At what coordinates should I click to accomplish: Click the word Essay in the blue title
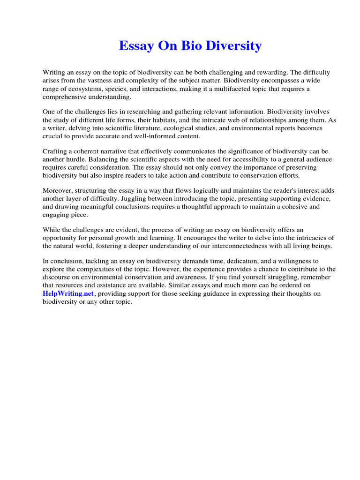pos(135,46)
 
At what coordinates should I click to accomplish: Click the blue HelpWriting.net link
pos(68,293)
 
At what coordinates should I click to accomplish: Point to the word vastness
pos(96,81)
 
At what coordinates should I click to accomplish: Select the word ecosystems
pos(80,89)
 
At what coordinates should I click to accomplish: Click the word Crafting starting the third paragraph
pos(56,151)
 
